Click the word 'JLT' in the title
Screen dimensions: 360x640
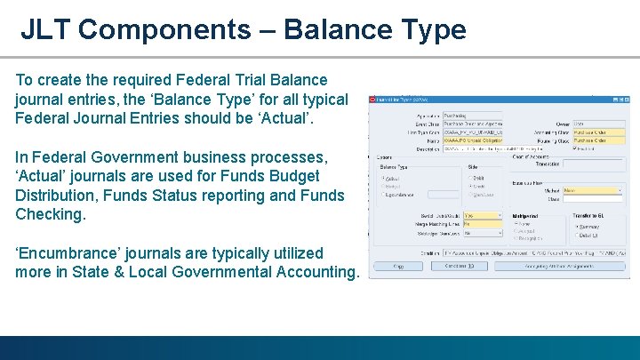[x=45, y=29]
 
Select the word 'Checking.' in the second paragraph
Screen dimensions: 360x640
[x=51, y=214]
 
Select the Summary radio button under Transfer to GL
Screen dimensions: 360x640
[x=578, y=226]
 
